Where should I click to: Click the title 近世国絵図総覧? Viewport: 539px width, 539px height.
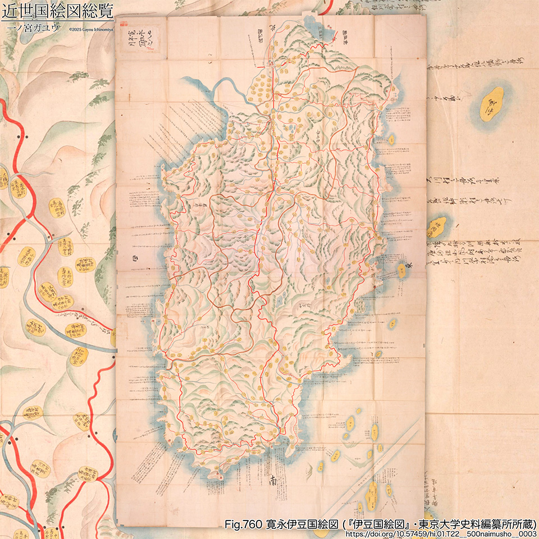[57, 11]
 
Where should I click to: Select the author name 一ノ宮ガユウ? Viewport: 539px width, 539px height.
[31, 28]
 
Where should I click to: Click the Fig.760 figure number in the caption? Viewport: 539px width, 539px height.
[243, 524]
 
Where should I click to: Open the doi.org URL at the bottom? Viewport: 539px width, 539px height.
[441, 534]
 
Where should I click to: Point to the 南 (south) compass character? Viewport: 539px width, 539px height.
[273, 481]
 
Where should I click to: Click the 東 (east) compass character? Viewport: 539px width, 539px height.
[411, 268]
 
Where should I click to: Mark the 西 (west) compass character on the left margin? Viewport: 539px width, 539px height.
[134, 259]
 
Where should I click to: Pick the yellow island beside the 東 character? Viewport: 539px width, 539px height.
[402, 271]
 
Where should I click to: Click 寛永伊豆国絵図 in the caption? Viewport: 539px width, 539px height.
[303, 524]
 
